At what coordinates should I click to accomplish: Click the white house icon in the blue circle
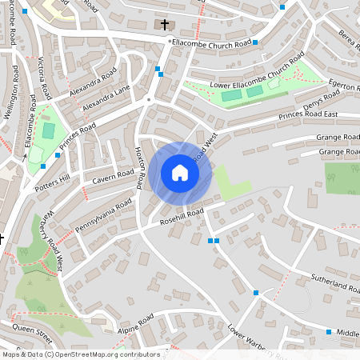coord(180,173)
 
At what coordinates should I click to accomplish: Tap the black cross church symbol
coord(166,25)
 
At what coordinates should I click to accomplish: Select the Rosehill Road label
coord(182,215)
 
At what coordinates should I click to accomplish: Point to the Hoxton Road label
coord(140,169)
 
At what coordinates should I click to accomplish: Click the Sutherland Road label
coord(335,283)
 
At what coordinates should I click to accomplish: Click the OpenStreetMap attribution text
coord(80,354)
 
